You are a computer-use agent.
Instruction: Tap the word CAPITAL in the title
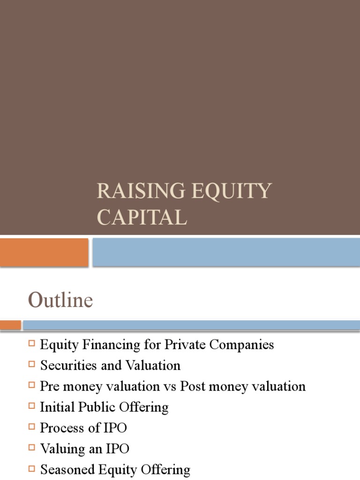(142, 217)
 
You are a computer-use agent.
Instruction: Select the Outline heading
(60, 300)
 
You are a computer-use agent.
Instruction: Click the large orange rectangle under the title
(44, 252)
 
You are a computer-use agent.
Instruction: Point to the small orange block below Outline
(10, 325)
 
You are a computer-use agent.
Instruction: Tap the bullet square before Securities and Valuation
(32, 365)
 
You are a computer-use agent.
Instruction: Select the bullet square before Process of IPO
(32, 427)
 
